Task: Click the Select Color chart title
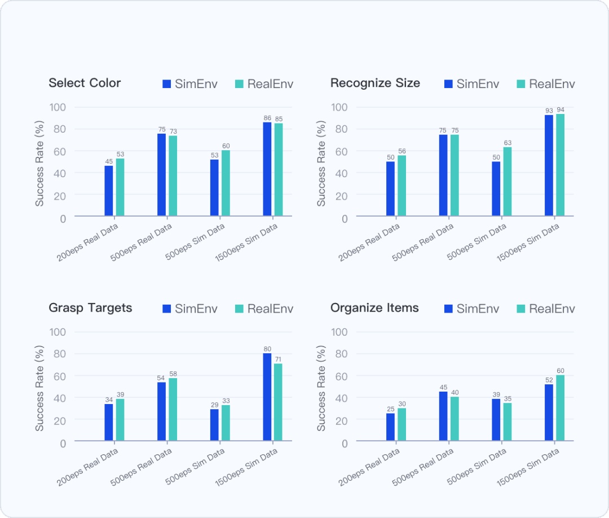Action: [85, 83]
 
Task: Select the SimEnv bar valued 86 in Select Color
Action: [267, 169]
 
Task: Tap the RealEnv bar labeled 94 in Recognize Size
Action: [561, 165]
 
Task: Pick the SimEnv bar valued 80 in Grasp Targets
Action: [267, 397]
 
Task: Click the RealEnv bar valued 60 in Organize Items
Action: [561, 407]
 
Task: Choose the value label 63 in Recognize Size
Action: [507, 143]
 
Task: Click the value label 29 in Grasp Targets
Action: [214, 405]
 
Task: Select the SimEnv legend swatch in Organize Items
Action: [449, 309]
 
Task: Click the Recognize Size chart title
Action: [375, 83]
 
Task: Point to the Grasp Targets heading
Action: [90, 308]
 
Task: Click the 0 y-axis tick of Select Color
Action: [63, 218]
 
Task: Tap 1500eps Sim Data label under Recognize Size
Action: [528, 243]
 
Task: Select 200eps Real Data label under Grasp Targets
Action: [88, 468]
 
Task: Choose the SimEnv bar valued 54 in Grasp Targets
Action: [161, 411]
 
